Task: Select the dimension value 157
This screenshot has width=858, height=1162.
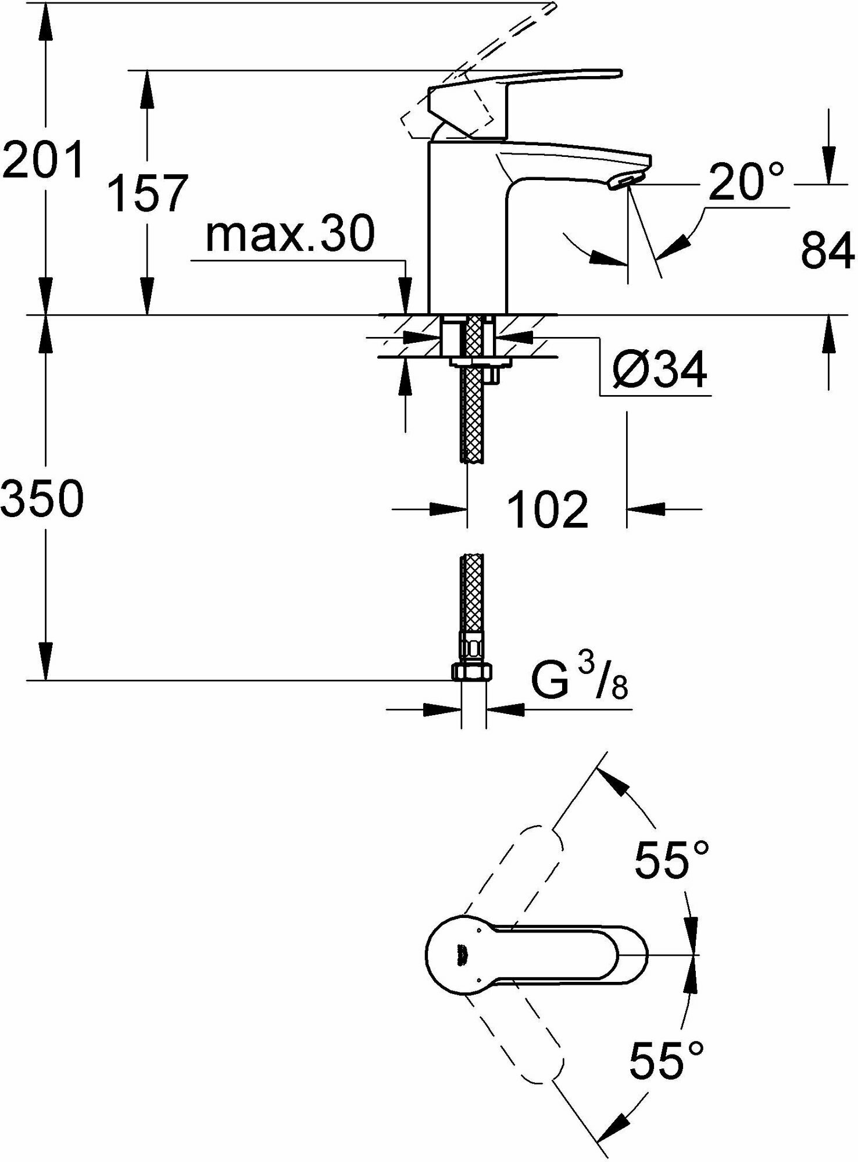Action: coord(149,193)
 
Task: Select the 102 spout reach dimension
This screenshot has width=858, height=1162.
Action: coord(548,510)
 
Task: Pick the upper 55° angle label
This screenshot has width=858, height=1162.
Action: coord(671,860)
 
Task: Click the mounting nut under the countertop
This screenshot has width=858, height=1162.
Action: coord(480,363)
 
